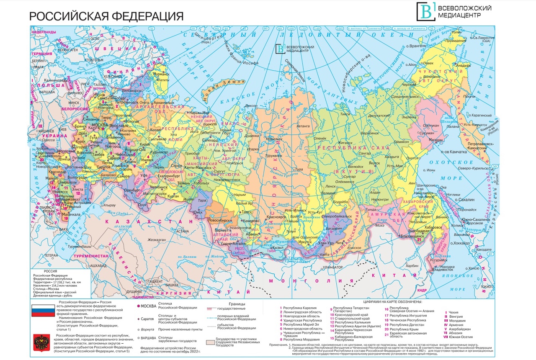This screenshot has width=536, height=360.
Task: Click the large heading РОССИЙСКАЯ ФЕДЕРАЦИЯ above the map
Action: (106, 16)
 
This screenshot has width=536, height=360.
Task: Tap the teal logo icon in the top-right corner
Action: (425, 11)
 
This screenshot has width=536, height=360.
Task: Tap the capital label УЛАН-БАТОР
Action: (333, 267)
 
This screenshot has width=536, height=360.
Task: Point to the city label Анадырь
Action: (465, 65)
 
